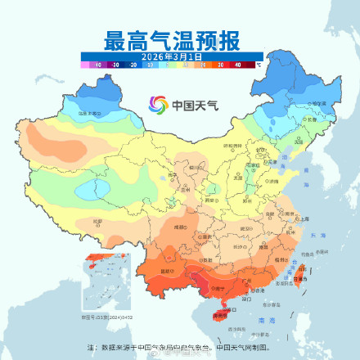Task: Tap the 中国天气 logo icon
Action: tap(157, 105)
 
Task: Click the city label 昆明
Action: tap(169, 271)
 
